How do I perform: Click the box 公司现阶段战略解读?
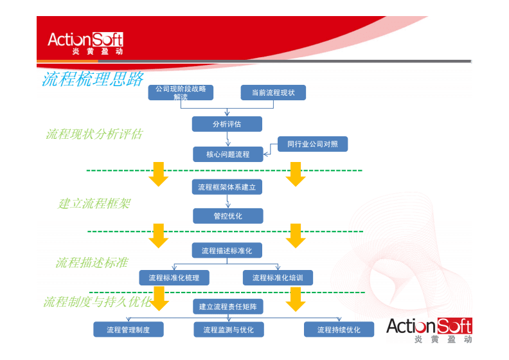click(x=181, y=93)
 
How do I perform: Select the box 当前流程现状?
click(x=273, y=93)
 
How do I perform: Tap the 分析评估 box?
click(x=227, y=124)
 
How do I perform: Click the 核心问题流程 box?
click(x=228, y=154)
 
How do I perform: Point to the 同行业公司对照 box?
click(x=313, y=145)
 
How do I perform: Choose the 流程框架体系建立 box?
click(x=227, y=187)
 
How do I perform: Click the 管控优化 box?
click(x=228, y=216)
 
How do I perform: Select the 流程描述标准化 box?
click(x=227, y=250)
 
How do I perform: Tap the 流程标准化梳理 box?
click(x=174, y=278)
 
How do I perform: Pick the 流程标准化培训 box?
click(x=278, y=278)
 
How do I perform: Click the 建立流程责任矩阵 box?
click(x=228, y=307)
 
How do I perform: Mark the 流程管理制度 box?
click(x=129, y=330)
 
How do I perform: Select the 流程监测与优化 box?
click(x=229, y=330)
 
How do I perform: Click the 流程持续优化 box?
click(x=339, y=330)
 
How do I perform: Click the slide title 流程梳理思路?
click(x=93, y=79)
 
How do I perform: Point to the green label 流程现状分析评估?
click(x=94, y=134)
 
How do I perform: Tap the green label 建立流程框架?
click(x=94, y=203)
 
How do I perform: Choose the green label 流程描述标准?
click(x=91, y=262)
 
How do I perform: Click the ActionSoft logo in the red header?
click(x=85, y=42)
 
